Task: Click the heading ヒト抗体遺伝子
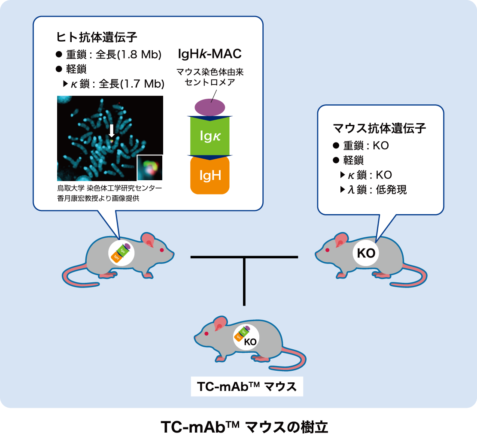[x=97, y=37]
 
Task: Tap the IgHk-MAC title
[x=210, y=54]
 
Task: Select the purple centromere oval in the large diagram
[x=210, y=106]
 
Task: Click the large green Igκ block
[x=210, y=136]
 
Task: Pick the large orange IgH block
[x=210, y=175]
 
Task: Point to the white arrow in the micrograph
[x=111, y=130]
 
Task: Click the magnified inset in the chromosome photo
[x=150, y=168]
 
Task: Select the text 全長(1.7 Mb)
[x=131, y=84]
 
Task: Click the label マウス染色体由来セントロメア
[x=210, y=77]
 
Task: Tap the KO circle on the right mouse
[x=366, y=253]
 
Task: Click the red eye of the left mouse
[x=162, y=250]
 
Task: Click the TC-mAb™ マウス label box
[x=247, y=387]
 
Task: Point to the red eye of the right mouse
[x=328, y=250]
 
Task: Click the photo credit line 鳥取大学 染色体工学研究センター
[x=110, y=188]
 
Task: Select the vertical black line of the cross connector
[x=244, y=281]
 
